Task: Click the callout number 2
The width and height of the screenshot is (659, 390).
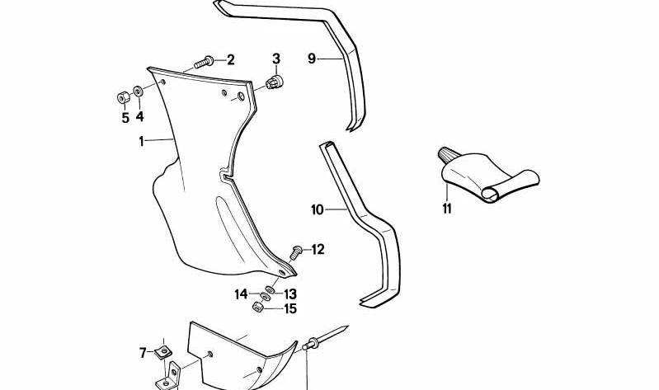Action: coord(230,60)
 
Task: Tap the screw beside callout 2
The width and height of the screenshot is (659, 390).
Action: coord(204,63)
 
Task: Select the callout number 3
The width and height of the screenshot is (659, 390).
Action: coord(276,59)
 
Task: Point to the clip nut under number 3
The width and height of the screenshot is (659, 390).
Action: coord(275,82)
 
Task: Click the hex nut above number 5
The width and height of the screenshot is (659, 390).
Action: coord(123,98)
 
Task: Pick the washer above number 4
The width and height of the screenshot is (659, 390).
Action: coord(138,91)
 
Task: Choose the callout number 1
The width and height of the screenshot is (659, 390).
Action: coord(142,142)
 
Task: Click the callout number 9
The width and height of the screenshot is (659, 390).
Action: coord(312,59)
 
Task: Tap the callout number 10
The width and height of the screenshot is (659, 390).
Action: coord(318,209)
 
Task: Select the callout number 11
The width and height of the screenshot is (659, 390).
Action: coord(447,208)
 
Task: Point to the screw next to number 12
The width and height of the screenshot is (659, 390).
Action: coord(296,252)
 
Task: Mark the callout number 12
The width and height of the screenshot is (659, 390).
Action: coord(318,250)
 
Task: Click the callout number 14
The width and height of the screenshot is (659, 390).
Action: coord(241,294)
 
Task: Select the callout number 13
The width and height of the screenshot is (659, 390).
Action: coord(290,294)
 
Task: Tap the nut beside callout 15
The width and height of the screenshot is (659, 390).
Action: coord(257,307)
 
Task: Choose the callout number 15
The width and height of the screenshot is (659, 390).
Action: coord(290,309)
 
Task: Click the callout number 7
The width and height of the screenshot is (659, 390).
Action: coord(143,353)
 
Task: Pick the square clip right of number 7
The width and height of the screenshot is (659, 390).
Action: coord(163,351)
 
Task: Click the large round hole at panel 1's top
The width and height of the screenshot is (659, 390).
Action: coord(241,96)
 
